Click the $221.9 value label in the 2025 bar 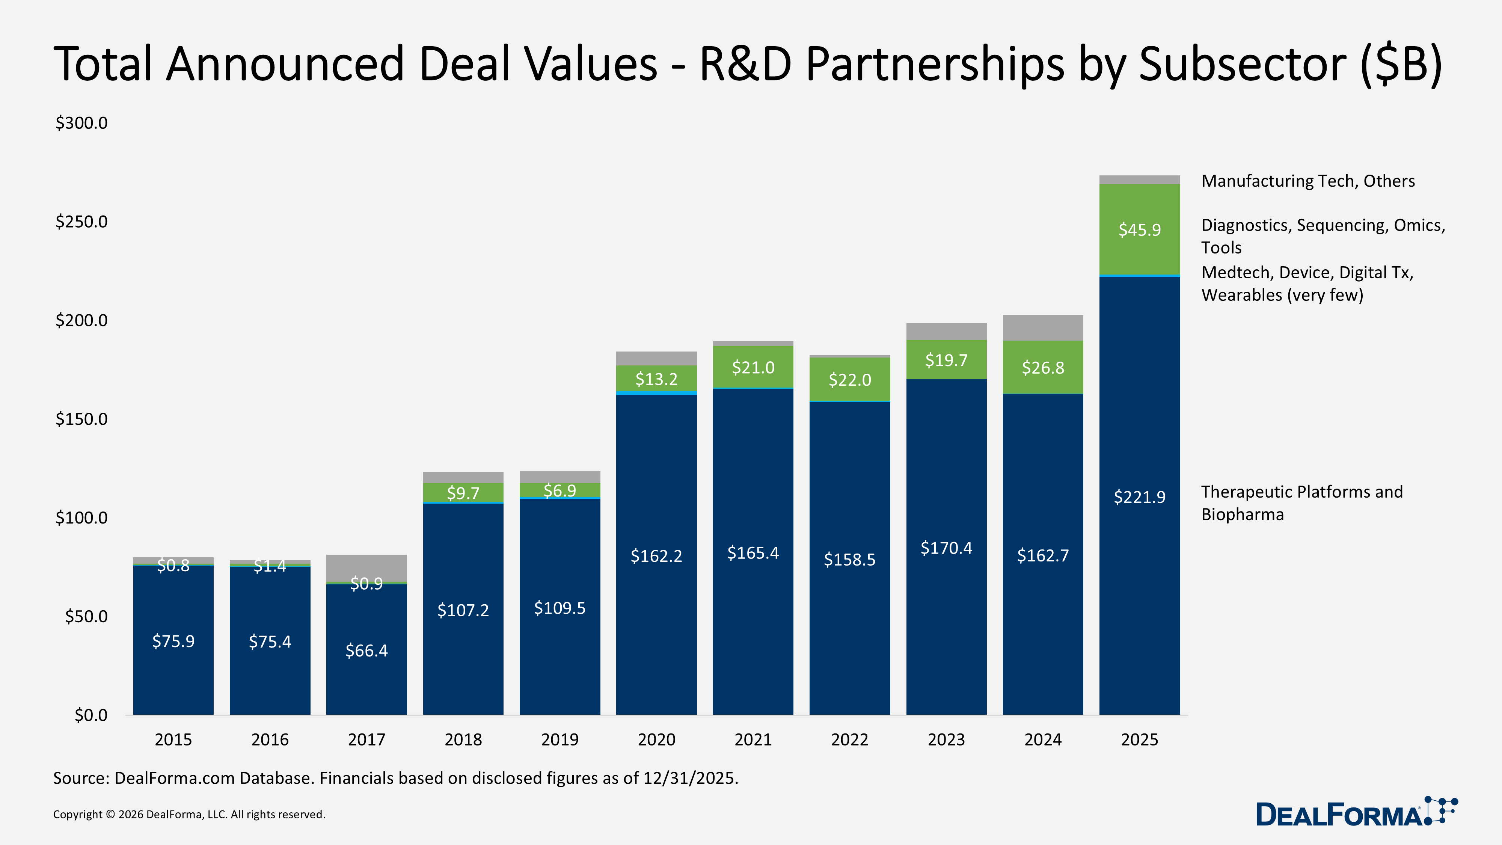(1139, 497)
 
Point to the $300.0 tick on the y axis (81, 123)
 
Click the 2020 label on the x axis (656, 739)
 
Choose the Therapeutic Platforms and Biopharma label (1301, 503)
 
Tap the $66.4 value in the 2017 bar (366, 650)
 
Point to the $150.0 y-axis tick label (81, 419)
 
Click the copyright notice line (189, 814)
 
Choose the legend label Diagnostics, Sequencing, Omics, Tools (1323, 235)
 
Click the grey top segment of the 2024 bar (1042, 327)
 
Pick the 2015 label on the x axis (173, 739)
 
